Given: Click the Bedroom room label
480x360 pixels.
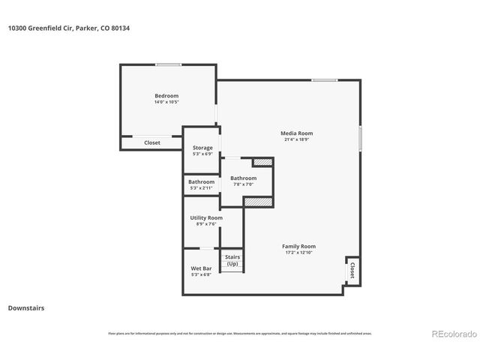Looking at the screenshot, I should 166,95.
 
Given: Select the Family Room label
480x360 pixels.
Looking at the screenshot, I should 298,246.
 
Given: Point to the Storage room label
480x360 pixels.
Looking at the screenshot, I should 202,148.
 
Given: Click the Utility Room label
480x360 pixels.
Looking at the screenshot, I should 206,217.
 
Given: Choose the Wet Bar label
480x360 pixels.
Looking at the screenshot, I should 201,268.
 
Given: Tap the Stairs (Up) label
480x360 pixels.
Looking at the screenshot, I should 232,257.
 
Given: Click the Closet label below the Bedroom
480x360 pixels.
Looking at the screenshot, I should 152,142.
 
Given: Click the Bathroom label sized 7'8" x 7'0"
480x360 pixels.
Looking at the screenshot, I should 243,178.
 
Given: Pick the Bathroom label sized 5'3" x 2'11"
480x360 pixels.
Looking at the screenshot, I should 201,181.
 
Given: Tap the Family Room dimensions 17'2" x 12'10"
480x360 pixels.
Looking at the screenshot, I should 298,253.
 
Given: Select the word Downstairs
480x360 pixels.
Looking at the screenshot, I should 26,307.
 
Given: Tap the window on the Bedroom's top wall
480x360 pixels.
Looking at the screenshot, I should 168,64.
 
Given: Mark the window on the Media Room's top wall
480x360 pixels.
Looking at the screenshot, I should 324,80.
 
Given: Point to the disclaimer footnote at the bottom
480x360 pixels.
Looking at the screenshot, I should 240,333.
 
